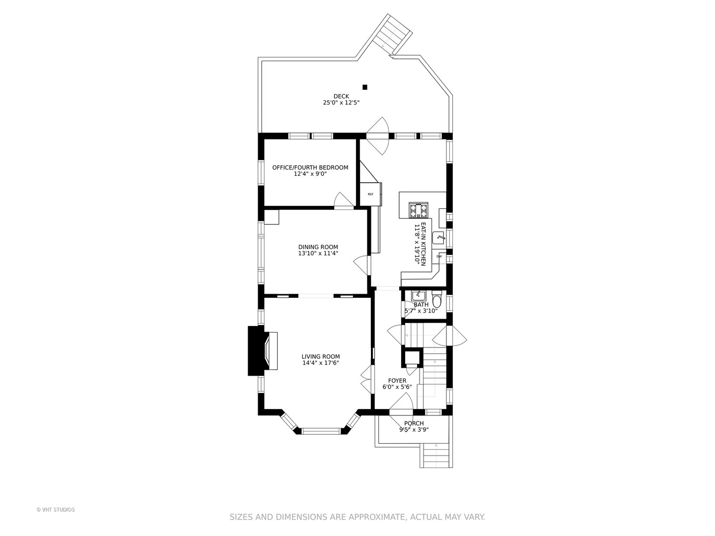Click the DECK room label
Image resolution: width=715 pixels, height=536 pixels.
(341, 96)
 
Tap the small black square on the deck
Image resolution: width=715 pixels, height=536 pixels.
(365, 87)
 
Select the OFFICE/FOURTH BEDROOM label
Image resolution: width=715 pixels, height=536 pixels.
(310, 168)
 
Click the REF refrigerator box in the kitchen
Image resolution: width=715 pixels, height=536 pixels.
(371, 194)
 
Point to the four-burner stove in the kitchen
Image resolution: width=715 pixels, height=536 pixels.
(418, 210)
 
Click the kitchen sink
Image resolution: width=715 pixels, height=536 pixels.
(439, 238)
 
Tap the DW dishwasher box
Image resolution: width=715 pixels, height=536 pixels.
(439, 257)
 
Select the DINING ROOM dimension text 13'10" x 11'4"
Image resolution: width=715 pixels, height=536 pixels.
(318, 254)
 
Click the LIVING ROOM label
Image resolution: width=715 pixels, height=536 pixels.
(321, 356)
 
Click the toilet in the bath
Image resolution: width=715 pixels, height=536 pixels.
(437, 300)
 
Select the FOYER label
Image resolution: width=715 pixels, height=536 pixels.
(397, 381)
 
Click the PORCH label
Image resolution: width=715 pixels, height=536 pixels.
(414, 423)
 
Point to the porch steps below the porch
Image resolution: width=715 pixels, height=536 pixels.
(436, 456)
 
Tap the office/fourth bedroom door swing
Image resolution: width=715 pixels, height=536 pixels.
(343, 200)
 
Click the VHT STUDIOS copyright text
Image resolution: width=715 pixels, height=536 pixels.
(56, 510)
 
